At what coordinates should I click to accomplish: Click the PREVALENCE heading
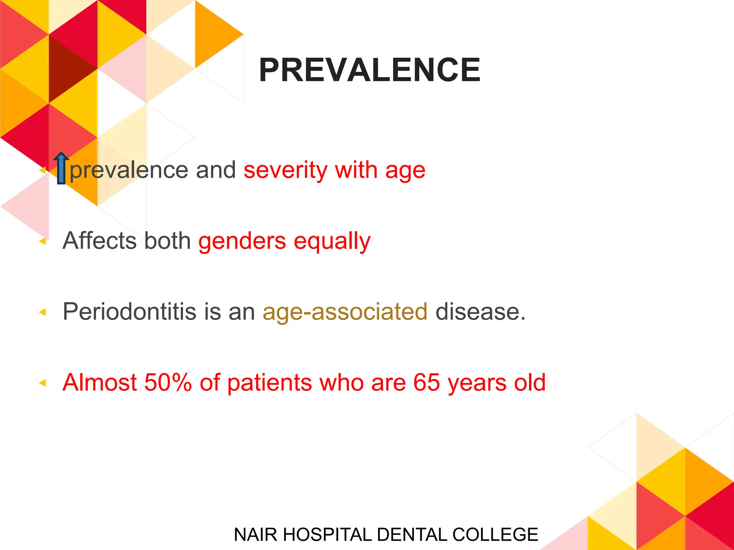tap(369, 70)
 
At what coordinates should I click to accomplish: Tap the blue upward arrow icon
tap(61, 168)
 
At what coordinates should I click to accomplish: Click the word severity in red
tap(285, 170)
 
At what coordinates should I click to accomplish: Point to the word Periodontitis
tap(129, 312)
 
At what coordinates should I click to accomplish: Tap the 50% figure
tap(168, 382)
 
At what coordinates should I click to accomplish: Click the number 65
tap(426, 382)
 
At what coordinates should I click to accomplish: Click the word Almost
tap(99, 382)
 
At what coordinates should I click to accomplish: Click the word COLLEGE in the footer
tap(495, 535)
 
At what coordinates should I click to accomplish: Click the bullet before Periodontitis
tap(43, 312)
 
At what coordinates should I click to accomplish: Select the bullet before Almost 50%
tap(43, 383)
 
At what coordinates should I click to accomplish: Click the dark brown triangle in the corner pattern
tap(68, 68)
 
